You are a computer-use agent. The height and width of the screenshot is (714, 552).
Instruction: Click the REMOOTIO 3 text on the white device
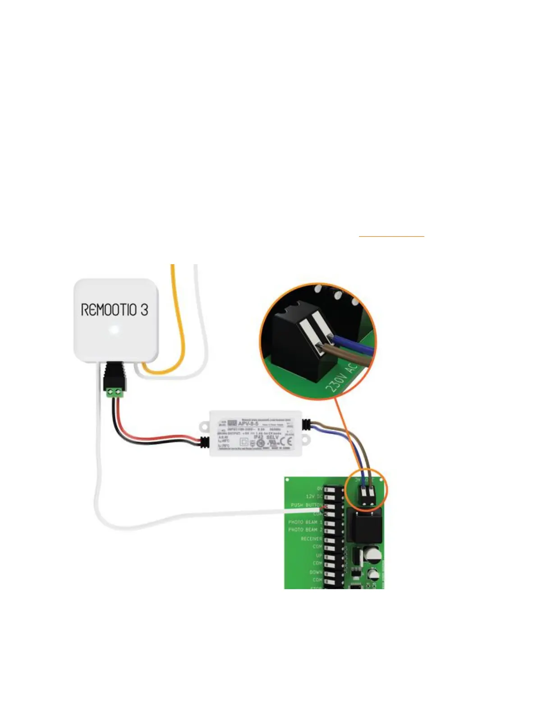115,310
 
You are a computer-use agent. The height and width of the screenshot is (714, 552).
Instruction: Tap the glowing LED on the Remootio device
115,330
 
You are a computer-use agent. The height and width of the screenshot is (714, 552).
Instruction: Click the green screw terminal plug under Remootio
115,393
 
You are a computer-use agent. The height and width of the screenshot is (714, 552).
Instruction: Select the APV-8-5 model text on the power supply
248,423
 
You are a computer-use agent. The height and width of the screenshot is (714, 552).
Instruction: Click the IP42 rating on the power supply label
258,437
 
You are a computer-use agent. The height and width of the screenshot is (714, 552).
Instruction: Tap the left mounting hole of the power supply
204,425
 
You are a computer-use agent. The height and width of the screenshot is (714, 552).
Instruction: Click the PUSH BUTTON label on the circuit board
306,505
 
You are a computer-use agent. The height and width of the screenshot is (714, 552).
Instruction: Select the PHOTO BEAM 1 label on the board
305,522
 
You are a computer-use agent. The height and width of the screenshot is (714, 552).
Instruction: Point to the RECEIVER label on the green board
311,539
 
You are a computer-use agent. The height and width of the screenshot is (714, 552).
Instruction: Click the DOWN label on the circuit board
316,572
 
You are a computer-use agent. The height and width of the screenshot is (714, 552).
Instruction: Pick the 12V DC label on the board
314,496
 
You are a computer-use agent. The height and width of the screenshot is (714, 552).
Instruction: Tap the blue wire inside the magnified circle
354,344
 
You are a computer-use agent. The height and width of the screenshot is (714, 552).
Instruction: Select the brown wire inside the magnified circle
347,356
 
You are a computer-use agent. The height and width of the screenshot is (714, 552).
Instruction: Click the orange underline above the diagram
391,236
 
